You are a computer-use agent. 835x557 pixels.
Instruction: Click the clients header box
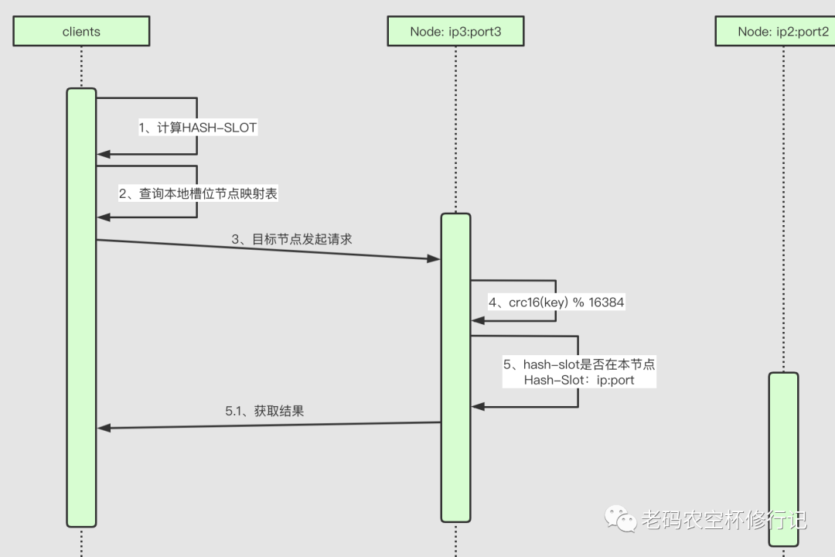coord(81,32)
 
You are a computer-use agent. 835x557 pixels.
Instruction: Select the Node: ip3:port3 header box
coord(455,32)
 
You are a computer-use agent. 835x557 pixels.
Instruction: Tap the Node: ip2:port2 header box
coord(782,32)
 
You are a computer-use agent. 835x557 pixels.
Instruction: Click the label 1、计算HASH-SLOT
coord(197,128)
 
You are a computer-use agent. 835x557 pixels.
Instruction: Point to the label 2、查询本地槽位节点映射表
coord(198,193)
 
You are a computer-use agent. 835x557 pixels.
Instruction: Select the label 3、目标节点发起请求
coord(291,239)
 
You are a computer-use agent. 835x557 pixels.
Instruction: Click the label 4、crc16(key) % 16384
coord(555,302)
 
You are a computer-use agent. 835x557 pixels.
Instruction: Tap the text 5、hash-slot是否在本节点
coord(579,364)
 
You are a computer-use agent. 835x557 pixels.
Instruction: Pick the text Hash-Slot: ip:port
coord(579,380)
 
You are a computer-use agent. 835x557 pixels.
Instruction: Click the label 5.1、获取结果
coord(264,411)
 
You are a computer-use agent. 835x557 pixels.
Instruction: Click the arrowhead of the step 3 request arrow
coord(435,259)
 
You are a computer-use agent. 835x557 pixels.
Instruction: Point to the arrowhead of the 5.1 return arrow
coord(104,428)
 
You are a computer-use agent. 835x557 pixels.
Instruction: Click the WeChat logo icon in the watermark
coord(620,519)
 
